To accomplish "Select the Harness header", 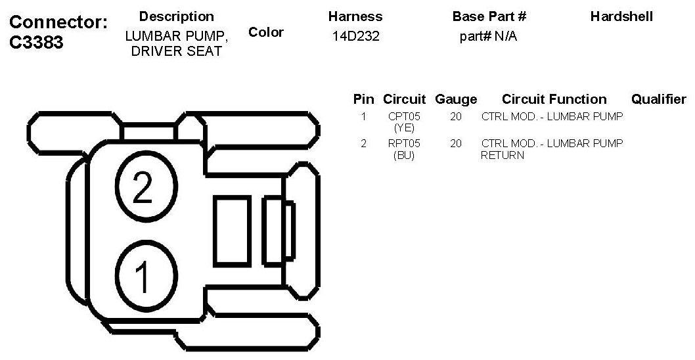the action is [x=355, y=16].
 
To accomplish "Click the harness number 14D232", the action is [x=355, y=37].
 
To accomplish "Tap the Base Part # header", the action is [x=489, y=16].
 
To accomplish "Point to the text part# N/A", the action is [x=488, y=37].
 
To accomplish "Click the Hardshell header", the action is [x=621, y=16].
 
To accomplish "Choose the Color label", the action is [x=266, y=32].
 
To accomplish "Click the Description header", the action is [x=177, y=16].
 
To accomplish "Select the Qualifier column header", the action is [x=658, y=99].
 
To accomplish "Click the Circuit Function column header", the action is [x=554, y=99].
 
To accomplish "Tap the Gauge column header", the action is [x=456, y=99].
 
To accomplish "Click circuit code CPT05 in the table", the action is [x=404, y=117].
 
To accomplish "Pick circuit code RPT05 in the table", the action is [x=404, y=143].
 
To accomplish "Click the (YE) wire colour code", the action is [x=404, y=127].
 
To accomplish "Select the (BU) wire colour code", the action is [x=404, y=155].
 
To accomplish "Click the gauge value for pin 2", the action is [x=456, y=143].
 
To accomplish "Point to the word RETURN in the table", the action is [x=503, y=156].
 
